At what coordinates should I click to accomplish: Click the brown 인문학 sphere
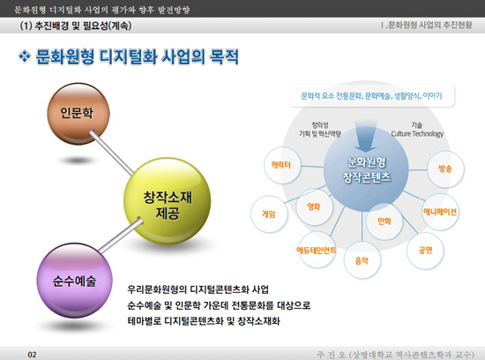pos(78,114)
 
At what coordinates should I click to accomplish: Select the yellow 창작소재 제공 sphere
pos(167,201)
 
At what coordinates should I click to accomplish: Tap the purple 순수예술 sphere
pos(75,281)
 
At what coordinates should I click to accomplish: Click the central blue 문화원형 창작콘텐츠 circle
pos(366,169)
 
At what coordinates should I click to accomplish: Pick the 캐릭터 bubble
pos(282,165)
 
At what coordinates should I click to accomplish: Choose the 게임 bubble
pos(269,214)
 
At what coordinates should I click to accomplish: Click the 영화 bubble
pos(314,206)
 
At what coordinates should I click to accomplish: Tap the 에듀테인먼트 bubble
pos(316,250)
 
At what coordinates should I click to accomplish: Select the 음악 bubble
pos(362,260)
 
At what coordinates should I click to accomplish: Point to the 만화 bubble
pos(384,221)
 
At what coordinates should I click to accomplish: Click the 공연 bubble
pos(425,250)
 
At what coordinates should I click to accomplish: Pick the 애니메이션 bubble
pos(440,212)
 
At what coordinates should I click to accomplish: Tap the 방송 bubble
pos(445,169)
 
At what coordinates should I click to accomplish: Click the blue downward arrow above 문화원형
pos(366,135)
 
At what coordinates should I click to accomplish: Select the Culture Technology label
pos(417,134)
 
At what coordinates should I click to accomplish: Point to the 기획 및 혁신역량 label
pos(320,134)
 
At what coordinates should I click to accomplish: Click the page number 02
pos(32,355)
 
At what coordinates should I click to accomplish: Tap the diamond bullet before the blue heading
pos(25,56)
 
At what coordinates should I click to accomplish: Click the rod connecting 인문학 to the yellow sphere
pos(111,153)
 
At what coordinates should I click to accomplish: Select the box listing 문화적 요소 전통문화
pos(372,96)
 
